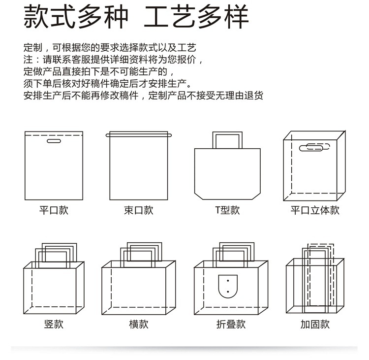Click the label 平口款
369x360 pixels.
click(x=54, y=210)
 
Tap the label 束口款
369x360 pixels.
click(x=138, y=210)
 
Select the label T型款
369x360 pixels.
click(x=227, y=210)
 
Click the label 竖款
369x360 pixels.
click(x=54, y=324)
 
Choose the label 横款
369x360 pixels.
click(x=138, y=324)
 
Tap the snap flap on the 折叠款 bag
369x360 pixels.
click(x=227, y=286)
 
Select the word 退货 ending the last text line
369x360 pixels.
click(x=254, y=96)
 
